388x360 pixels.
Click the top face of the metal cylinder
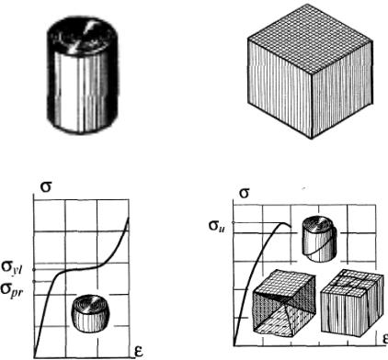pyautogui.click(x=82, y=37)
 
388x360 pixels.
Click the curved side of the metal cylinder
pyautogui.click(x=82, y=92)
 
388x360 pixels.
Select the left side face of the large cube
pyautogui.click(x=280, y=89)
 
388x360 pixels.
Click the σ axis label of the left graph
pyautogui.click(x=46, y=187)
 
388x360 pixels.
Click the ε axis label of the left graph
pyautogui.click(x=139, y=351)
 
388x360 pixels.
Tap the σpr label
pyautogui.click(x=12, y=289)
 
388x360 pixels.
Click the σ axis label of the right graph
pyautogui.click(x=244, y=193)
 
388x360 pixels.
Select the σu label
pyautogui.click(x=217, y=226)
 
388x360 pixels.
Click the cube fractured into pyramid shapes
pyautogui.click(x=283, y=304)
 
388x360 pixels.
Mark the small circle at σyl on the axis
pyautogui.click(x=34, y=269)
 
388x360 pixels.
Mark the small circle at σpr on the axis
pyautogui.click(x=34, y=281)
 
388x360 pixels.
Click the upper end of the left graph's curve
pyautogui.click(x=128, y=218)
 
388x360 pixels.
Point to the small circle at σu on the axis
pyautogui.click(x=234, y=223)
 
